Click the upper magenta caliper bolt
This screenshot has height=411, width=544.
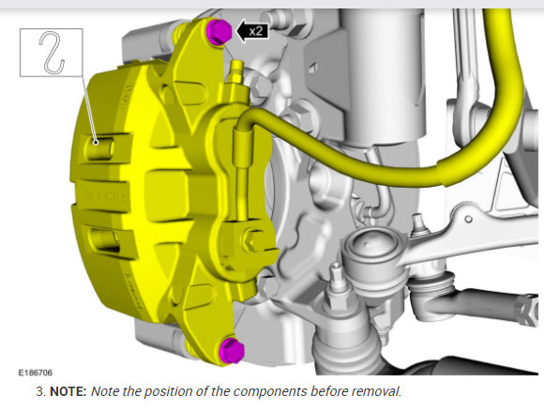tap(219, 31)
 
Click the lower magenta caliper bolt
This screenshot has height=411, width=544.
tap(232, 350)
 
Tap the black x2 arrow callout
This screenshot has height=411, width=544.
tap(252, 31)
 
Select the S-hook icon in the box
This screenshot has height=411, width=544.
tap(52, 53)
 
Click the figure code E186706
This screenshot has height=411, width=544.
tap(35, 373)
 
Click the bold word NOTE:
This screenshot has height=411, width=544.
tap(68, 391)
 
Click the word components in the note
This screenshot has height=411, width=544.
tap(270, 392)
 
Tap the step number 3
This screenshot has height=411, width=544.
tap(40, 391)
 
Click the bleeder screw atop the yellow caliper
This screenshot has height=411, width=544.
tap(237, 72)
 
